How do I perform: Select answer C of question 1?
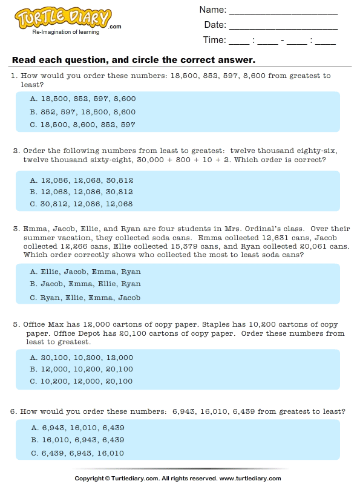pos(83,125)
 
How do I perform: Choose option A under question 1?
pos(83,99)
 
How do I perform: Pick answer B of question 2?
pos(82,192)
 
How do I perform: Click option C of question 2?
pos(82,204)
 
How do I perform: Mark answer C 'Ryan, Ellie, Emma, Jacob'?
pos(85,298)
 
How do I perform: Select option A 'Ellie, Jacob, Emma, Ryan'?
pos(85,272)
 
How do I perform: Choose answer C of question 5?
pos(82,381)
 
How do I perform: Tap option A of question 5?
pos(82,358)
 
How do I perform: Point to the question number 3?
pos(15,229)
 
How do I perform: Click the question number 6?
pos(15,411)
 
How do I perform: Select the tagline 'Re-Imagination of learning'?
pos(66,32)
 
